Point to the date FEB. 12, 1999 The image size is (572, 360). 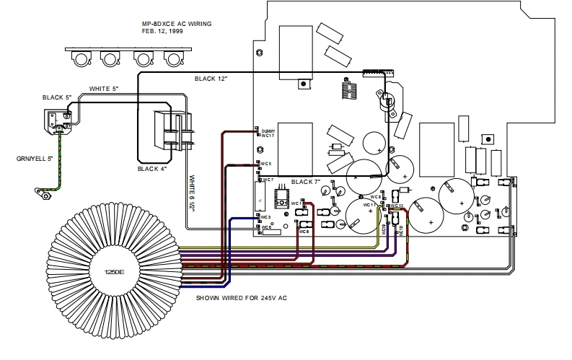pos(162,32)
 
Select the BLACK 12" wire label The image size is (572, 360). pos(211,78)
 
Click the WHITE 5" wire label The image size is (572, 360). pos(104,89)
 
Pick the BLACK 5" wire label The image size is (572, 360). pos(58,97)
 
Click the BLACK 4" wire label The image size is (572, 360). pos(152,169)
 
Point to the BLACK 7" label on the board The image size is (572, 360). pos(306,182)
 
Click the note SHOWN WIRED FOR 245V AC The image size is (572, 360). pos(242,297)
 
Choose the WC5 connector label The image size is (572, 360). pos(266,164)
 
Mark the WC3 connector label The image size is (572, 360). pos(265,216)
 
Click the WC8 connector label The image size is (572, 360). pos(304,232)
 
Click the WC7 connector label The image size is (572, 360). pos(268,179)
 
